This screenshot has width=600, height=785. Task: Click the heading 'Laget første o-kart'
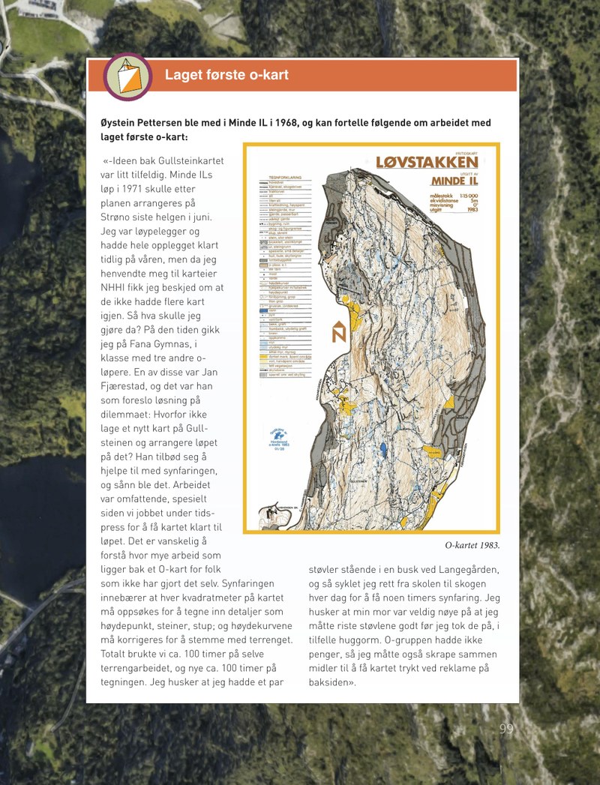(x=226, y=75)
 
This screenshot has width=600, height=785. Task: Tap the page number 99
(x=506, y=729)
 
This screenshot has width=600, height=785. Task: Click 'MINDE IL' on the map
(x=454, y=181)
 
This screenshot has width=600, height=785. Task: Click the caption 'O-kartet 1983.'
(x=472, y=545)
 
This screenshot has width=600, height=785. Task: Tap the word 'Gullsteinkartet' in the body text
(x=190, y=160)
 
